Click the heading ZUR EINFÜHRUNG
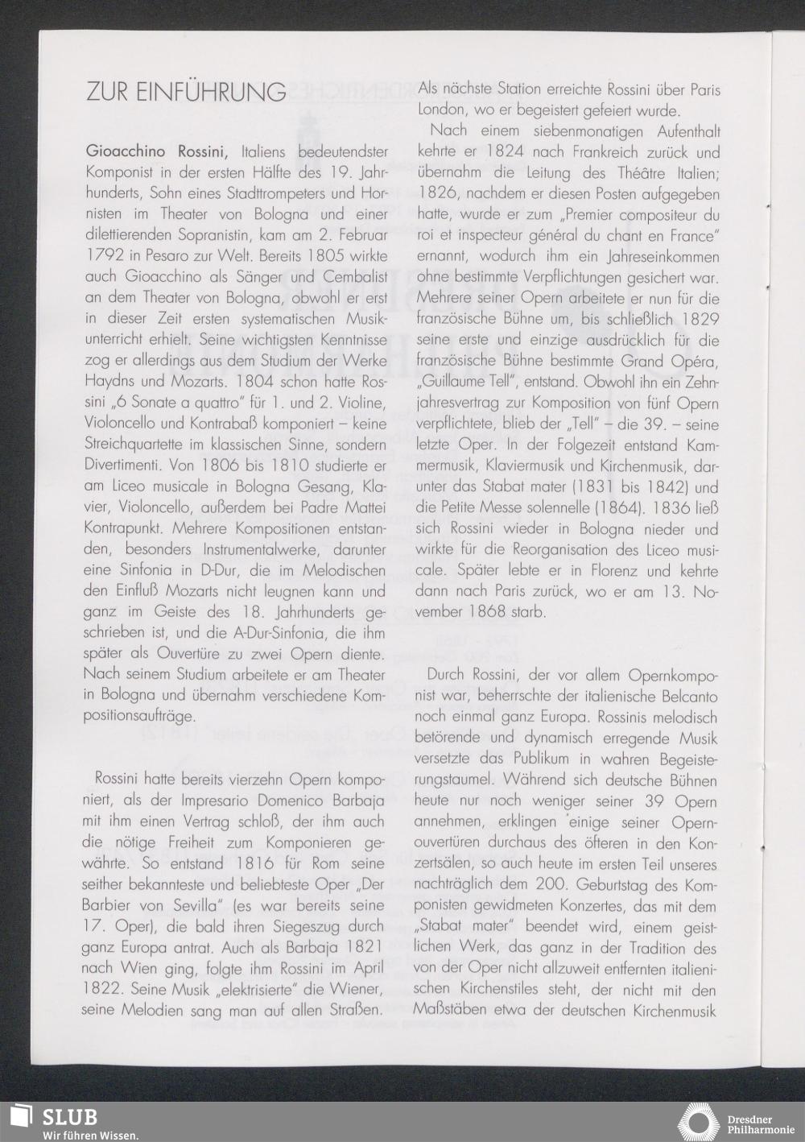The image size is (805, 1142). [185, 92]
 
